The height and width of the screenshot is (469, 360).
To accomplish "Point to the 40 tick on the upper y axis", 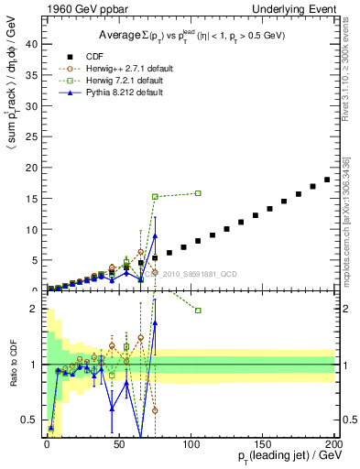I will [30, 44].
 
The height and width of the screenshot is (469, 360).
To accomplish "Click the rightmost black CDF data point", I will [327, 180].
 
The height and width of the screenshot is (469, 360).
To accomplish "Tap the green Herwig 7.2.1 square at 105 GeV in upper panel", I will [198, 193].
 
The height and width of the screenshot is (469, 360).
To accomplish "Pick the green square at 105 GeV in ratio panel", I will [198, 311].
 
